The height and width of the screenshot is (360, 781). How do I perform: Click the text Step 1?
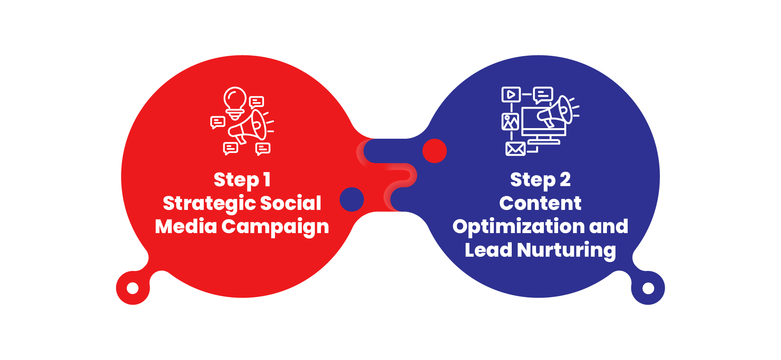242,180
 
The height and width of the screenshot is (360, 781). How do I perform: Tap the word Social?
290,203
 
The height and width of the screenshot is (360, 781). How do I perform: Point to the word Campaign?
275,227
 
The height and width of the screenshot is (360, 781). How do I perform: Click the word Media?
186,226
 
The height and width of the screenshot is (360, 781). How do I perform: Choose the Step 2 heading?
540,180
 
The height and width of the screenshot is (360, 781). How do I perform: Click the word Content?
540,203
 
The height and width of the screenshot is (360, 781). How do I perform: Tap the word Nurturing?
566,250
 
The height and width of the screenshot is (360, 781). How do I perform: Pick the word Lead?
488,250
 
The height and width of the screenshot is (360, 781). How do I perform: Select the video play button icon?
511,94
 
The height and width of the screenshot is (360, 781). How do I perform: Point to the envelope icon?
515,149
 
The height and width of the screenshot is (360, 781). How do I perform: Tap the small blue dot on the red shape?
351,199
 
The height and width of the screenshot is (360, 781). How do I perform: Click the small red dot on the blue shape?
434,151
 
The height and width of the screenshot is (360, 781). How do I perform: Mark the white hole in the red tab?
133,288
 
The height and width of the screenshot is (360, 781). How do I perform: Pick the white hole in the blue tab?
648,288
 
